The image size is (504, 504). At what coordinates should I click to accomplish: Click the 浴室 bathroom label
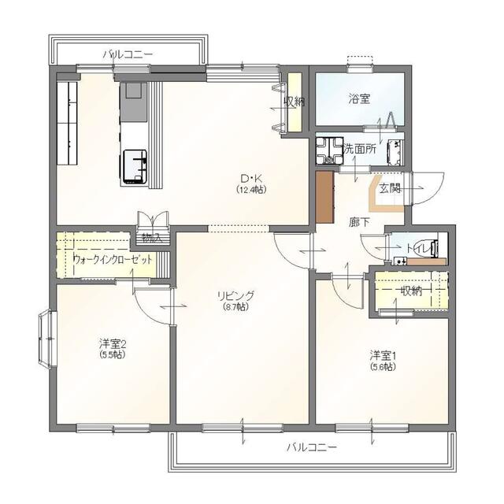(359, 98)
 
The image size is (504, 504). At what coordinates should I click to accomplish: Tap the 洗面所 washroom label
(359, 149)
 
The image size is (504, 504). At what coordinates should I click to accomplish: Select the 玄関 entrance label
(391, 189)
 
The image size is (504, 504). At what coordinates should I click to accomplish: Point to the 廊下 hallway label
(359, 222)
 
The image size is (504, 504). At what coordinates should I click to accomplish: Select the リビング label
(235, 295)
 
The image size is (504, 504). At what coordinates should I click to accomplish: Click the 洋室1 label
(383, 355)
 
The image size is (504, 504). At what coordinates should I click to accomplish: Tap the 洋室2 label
(112, 344)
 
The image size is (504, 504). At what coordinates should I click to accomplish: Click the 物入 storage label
(152, 238)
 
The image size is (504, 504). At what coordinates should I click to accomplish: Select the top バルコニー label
(128, 54)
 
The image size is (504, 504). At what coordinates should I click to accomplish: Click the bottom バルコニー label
(312, 447)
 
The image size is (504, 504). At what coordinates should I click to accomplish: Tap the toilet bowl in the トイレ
(425, 249)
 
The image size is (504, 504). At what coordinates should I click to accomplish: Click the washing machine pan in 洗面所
(329, 150)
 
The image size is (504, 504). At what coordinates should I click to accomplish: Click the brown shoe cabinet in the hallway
(324, 197)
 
